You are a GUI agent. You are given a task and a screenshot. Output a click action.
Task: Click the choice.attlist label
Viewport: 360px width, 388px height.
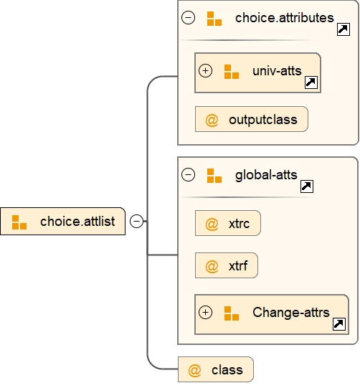click(77, 222)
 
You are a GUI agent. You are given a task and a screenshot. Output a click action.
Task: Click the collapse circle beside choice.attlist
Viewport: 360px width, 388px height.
click(136, 222)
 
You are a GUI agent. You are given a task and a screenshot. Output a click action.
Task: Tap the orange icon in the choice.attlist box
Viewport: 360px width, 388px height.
click(19, 222)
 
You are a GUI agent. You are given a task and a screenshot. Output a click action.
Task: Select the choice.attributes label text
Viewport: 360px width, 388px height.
click(284, 18)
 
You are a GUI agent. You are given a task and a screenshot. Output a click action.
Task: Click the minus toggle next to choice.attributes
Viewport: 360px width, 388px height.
click(189, 18)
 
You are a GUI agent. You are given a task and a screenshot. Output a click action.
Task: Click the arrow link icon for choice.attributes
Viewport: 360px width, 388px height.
click(343, 29)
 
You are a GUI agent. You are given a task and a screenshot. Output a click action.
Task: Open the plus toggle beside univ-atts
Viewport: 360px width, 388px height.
click(206, 71)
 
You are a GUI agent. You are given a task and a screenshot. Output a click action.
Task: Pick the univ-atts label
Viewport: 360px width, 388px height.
click(277, 71)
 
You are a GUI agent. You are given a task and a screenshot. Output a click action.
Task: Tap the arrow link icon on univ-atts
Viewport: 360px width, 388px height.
click(311, 82)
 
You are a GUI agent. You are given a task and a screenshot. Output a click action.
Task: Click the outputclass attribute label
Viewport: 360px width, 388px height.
click(262, 120)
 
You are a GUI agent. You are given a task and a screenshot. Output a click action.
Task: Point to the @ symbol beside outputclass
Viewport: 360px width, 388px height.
click(212, 120)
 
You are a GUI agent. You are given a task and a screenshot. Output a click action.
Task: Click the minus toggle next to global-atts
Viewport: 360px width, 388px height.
click(189, 174)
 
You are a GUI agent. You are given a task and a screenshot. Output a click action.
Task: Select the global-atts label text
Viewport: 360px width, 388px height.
click(266, 174)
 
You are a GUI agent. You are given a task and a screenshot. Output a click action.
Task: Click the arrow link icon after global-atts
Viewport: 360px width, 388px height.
click(306, 186)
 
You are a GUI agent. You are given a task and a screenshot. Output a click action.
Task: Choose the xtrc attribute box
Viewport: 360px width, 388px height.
click(228, 224)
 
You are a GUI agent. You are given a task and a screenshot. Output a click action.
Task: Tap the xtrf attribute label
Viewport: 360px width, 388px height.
click(238, 267)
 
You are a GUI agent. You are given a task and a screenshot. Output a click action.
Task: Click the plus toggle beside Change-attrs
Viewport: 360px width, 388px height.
click(206, 313)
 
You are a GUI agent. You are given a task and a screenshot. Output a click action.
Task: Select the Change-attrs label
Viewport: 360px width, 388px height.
click(290, 313)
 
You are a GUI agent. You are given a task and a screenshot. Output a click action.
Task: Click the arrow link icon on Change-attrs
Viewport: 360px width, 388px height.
click(338, 324)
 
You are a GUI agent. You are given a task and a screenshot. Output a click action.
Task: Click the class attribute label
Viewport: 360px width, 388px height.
click(227, 370)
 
